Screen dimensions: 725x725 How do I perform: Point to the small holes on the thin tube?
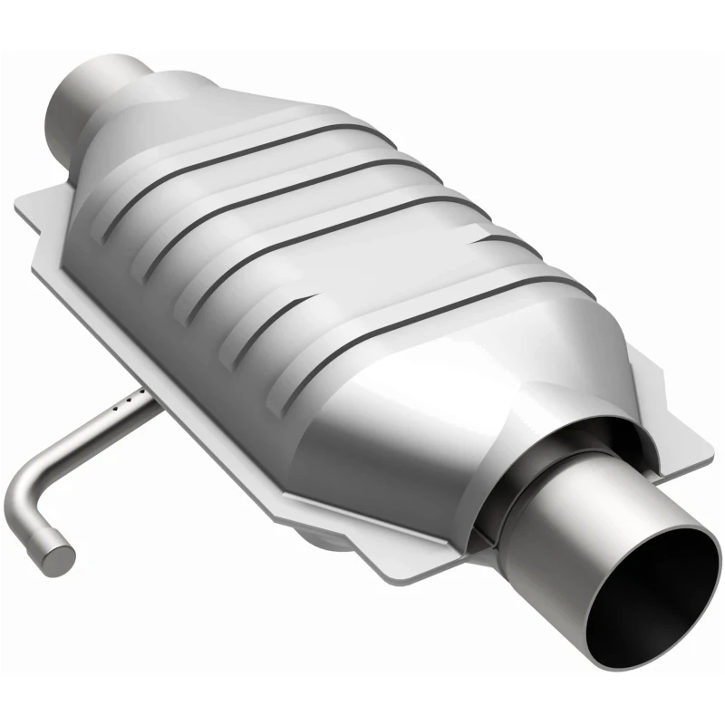pyautogui.click(x=131, y=397)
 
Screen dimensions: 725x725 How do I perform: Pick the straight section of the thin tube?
pyautogui.click(x=86, y=435)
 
